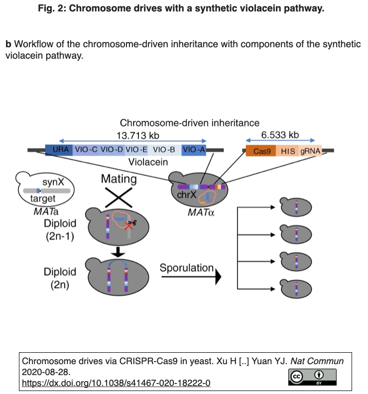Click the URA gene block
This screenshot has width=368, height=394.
59,150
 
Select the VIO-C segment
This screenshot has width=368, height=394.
86,150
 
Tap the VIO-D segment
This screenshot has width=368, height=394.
112,150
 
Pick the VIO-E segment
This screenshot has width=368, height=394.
136,150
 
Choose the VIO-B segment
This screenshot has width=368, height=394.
164,150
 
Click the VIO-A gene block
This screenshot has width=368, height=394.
194,150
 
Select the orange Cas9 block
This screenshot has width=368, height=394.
261,151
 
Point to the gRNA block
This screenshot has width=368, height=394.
311,151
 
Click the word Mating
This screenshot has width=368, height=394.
119,179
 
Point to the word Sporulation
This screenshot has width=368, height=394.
186,268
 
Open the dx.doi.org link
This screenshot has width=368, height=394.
116,383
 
